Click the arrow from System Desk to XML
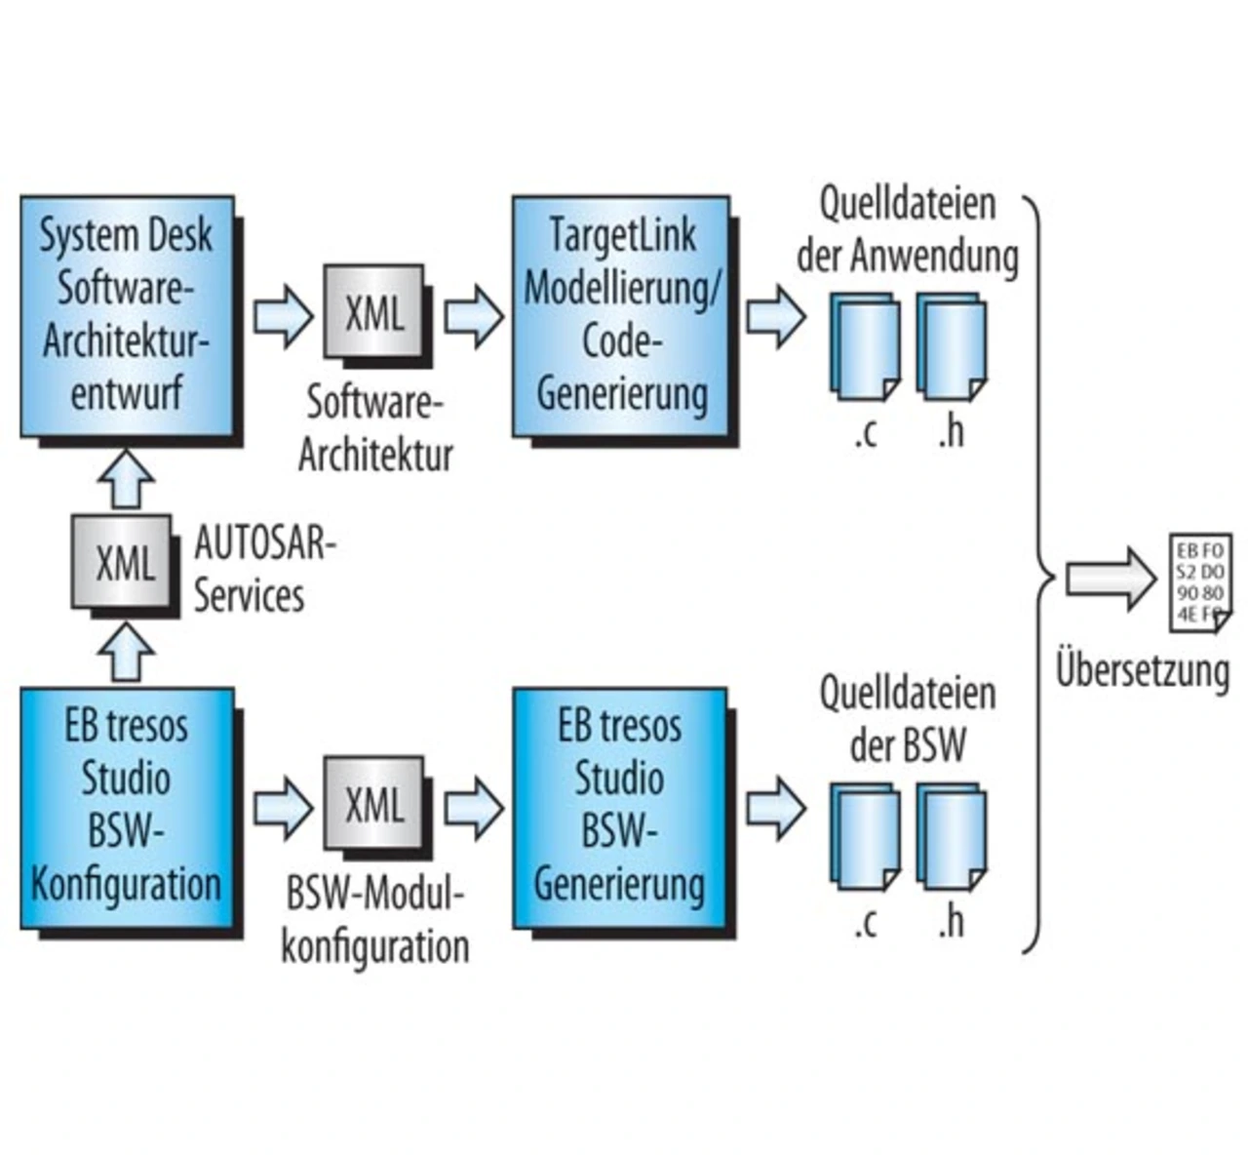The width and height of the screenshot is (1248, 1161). tap(283, 317)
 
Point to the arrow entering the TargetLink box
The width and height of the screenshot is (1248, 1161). tap(474, 317)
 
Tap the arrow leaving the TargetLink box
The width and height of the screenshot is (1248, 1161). tap(776, 317)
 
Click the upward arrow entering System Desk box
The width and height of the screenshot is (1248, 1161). tap(127, 480)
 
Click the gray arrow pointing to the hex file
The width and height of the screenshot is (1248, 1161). tap(1111, 579)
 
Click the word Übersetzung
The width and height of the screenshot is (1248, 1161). tap(1143, 670)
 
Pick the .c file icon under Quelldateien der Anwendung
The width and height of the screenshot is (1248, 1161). tap(865, 346)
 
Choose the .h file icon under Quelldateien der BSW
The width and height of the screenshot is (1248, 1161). tap(951, 836)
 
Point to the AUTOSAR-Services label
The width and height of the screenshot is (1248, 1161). tap(265, 570)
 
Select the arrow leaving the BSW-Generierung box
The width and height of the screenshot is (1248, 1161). tap(776, 809)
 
